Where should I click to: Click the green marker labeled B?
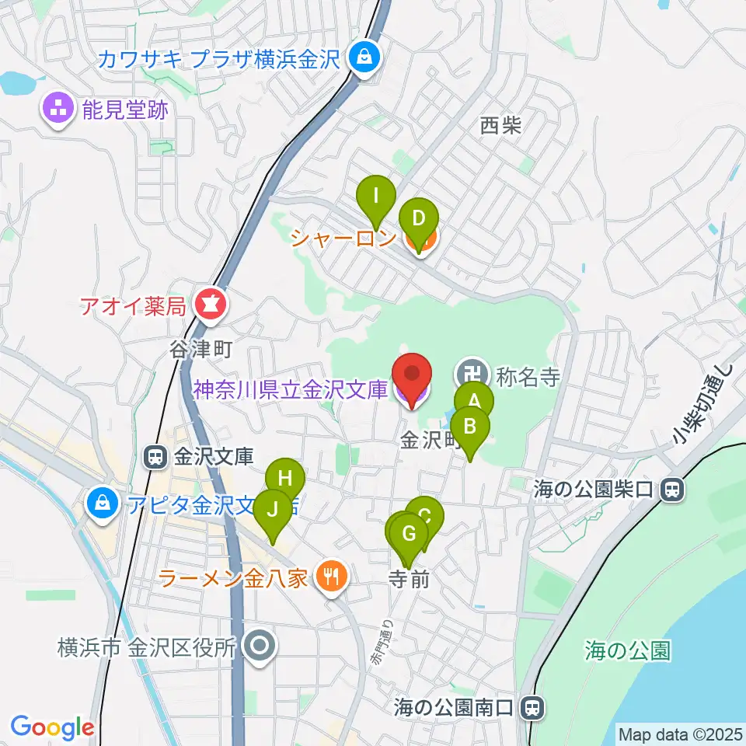tap(469, 427)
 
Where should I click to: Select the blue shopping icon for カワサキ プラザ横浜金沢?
tap(362, 58)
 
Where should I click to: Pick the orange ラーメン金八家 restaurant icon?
tap(333, 577)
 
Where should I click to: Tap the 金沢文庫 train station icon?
tap(155, 458)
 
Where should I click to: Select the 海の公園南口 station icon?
tap(532, 707)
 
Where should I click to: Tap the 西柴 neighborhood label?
tap(500, 125)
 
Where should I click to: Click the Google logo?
tap(52, 728)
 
